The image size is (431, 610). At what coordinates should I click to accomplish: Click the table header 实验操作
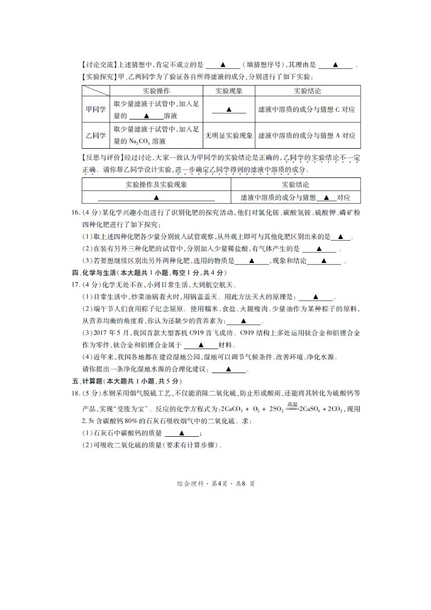[x=156, y=91]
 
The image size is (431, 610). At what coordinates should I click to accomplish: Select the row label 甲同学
[x=95, y=110]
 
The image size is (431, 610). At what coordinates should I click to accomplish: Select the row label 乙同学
[x=95, y=136]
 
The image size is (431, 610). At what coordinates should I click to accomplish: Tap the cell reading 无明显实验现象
[x=229, y=136]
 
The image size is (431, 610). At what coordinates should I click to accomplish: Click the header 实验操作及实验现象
[x=156, y=185]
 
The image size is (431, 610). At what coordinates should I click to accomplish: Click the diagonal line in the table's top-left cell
[x=95, y=91]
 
